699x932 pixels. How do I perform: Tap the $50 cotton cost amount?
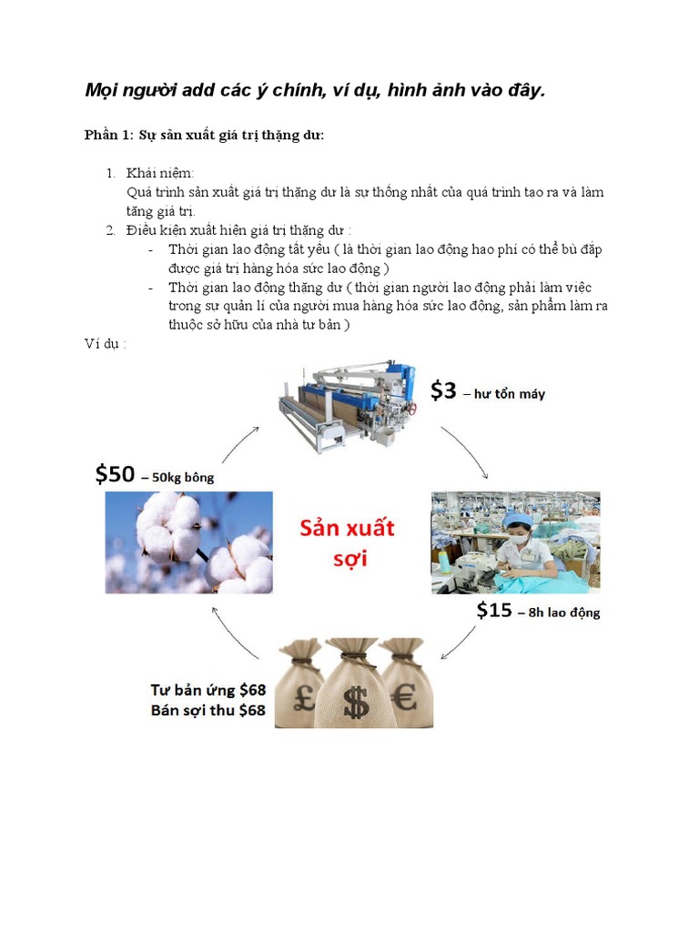point(114,474)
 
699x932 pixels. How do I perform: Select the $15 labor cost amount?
point(494,611)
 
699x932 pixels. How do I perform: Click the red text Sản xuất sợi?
point(349,542)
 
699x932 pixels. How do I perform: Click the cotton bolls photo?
point(188,542)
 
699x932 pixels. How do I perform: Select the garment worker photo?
point(515,542)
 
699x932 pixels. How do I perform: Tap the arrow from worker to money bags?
point(460,643)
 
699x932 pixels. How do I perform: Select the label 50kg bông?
point(183,477)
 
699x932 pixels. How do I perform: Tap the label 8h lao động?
point(559,613)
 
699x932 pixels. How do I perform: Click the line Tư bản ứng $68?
point(208,690)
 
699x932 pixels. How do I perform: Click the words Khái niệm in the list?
point(161,173)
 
